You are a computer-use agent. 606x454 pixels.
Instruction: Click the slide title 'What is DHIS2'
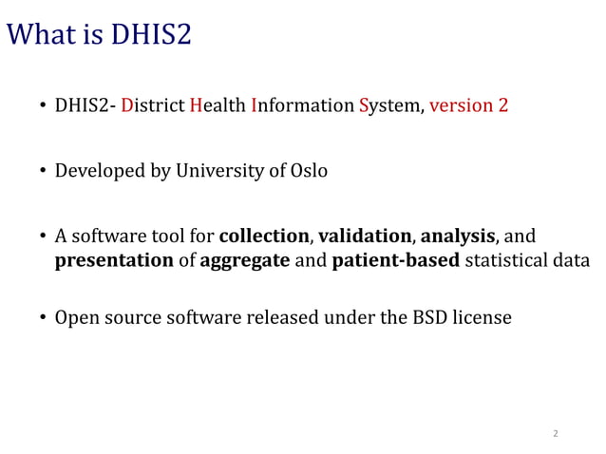pos(99,35)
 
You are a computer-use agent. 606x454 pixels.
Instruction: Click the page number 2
pos(556,433)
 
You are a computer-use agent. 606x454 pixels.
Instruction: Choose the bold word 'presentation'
pos(114,260)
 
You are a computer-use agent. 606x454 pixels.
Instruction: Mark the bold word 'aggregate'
pos(245,260)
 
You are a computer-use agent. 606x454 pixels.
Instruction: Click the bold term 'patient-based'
pos(396,260)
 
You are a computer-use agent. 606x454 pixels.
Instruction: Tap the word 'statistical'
pos(505,260)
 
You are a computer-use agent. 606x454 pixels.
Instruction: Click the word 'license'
pos(483,317)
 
